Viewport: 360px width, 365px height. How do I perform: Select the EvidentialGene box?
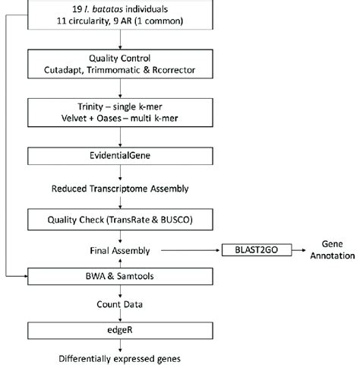click(122, 157)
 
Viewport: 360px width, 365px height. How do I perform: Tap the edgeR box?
click(122, 330)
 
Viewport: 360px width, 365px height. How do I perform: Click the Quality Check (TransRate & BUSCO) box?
click(122, 221)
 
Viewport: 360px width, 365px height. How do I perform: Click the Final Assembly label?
click(122, 249)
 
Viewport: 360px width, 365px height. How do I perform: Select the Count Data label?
click(122, 302)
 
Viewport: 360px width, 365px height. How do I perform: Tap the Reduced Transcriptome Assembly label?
click(122, 188)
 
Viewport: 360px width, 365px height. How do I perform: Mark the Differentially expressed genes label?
click(122, 357)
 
